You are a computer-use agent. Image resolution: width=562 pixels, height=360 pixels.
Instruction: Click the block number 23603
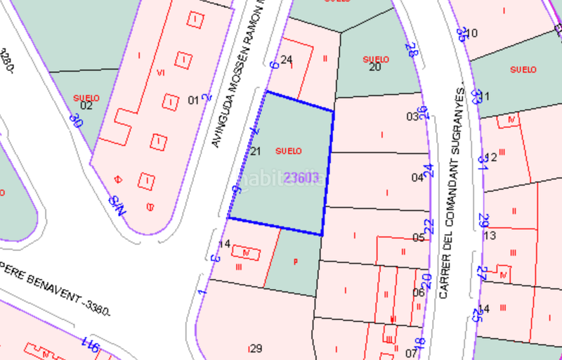pyautogui.click(x=302, y=178)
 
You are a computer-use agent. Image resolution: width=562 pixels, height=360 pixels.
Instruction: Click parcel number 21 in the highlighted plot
pyautogui.click(x=256, y=151)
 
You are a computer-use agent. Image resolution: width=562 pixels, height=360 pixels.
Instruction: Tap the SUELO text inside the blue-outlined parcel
pyautogui.click(x=289, y=151)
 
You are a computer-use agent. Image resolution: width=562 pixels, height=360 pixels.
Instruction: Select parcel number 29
pyautogui.click(x=256, y=348)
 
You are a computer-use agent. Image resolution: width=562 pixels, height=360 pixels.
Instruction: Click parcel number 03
pyautogui.click(x=412, y=117)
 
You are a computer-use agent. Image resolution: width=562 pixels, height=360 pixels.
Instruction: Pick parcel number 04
pyautogui.click(x=417, y=178)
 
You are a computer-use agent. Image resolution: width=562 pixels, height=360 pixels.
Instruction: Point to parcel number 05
pyautogui.click(x=419, y=238)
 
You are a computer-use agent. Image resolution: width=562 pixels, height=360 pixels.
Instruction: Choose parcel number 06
pyautogui.click(x=419, y=292)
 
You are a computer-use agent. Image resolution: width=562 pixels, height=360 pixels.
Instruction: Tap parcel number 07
pyautogui.click(x=412, y=352)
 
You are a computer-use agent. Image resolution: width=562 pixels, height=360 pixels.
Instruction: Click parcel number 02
pyautogui.click(x=86, y=105)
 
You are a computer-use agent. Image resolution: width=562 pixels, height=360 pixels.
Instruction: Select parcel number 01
pyautogui.click(x=193, y=100)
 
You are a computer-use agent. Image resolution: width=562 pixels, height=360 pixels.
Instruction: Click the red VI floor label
pyautogui.click(x=161, y=72)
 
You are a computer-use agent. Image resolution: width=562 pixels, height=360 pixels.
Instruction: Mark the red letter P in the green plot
pyautogui.click(x=295, y=262)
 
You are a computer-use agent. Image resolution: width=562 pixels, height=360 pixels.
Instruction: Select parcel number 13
pyautogui.click(x=490, y=235)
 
